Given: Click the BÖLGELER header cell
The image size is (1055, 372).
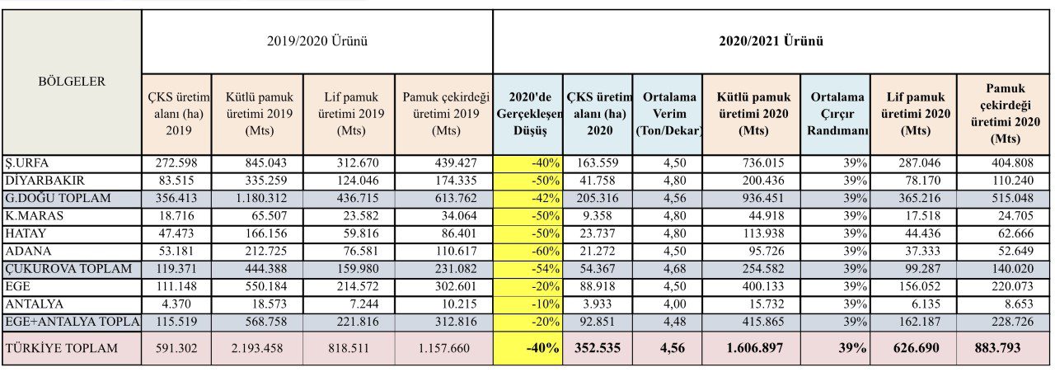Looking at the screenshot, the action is point(72,82).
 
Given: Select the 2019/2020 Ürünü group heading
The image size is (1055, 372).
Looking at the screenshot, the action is point(317,41).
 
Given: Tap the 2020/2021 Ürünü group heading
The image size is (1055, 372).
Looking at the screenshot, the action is point(771,41).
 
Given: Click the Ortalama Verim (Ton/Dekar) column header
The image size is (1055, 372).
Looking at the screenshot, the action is point(668,114).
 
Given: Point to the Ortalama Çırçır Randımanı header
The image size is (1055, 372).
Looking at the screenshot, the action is point(837,114).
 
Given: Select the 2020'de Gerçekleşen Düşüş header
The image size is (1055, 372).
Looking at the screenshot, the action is point(529,114).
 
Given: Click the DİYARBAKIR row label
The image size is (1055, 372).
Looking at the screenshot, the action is point(45,181).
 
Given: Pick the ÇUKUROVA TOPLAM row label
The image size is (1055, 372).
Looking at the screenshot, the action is point(68,269).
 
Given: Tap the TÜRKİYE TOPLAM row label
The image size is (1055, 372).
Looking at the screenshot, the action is point(62,348).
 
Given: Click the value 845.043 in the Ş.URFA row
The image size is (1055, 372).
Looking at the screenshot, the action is point(265,163).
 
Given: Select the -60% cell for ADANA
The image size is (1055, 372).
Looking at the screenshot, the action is point(546,252).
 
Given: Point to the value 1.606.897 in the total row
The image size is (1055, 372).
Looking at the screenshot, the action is point(754,348).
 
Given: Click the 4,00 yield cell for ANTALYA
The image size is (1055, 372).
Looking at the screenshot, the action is point(675,304).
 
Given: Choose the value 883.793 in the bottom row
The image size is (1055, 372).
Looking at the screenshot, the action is point(997,348).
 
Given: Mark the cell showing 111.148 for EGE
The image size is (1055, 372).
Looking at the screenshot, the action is point(176,287).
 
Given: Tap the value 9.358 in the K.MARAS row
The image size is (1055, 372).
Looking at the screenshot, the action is point(598,216).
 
